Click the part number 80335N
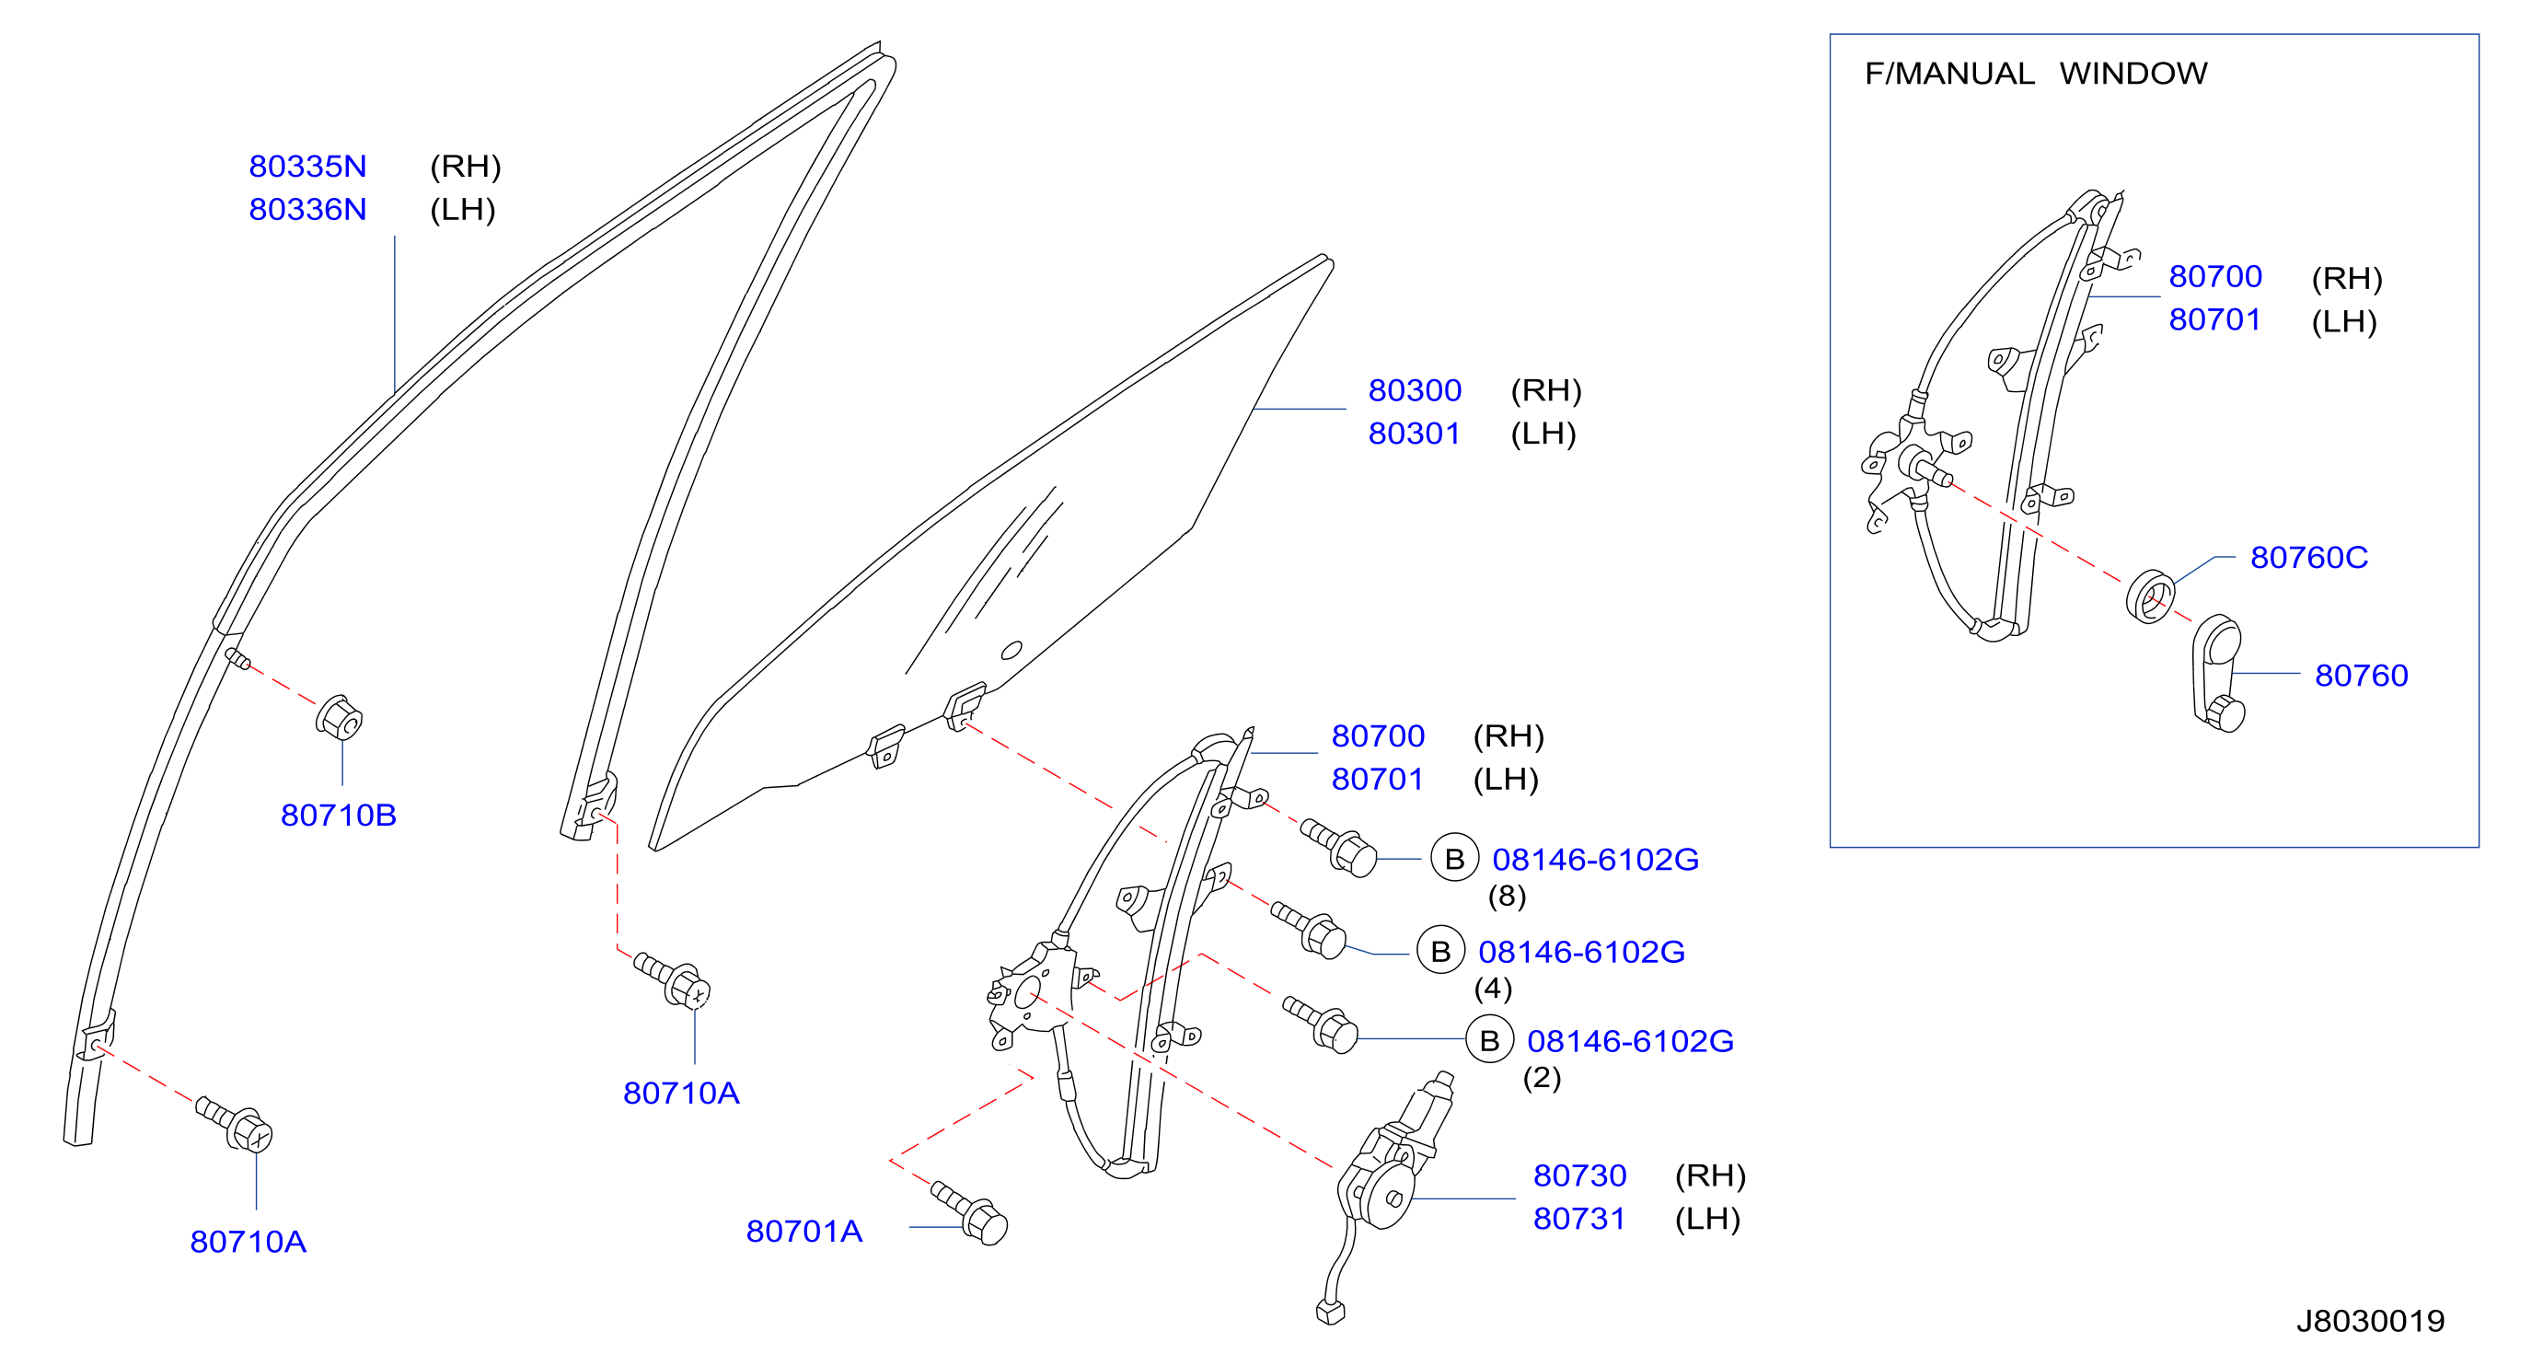[307, 166]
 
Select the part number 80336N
[307, 209]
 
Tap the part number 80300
[1414, 390]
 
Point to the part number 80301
[1414, 434]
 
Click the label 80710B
[339, 816]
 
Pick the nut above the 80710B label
[340, 718]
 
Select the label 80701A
[804, 1231]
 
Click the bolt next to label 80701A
[970, 1213]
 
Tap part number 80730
[1579, 1175]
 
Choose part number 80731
[1578, 1219]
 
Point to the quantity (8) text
[1507, 897]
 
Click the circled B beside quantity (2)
[1490, 1040]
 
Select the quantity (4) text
[1493, 989]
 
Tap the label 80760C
[2309, 558]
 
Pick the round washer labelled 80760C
[2150, 596]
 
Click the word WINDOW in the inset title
[2133, 73]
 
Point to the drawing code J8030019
[2370, 1321]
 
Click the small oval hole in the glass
[1011, 651]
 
